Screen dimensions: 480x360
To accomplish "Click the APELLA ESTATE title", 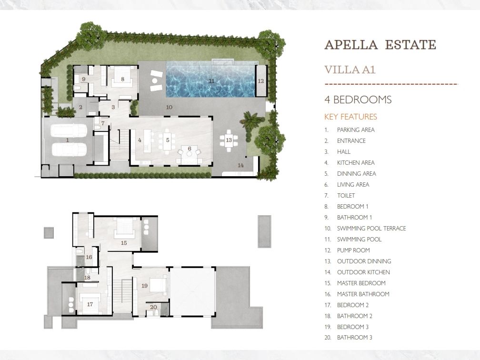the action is (380, 45).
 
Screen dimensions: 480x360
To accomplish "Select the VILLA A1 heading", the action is (350, 70).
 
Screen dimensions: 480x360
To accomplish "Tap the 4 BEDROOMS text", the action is (358, 100).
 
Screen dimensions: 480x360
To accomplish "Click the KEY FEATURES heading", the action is (350, 117).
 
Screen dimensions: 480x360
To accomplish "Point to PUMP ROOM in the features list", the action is (353, 250).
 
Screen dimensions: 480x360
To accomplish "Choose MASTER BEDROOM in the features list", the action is (361, 283).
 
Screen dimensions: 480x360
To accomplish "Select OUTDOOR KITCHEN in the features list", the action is (363, 272).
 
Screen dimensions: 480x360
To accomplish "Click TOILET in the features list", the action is (346, 195).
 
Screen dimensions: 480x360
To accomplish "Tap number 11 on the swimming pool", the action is (211, 81).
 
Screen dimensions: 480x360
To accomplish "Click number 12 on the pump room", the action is (260, 81).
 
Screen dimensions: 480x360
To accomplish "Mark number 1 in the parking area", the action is (67, 140).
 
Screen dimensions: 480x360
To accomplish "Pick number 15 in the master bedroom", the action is (124, 243).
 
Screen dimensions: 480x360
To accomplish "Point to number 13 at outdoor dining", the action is (229, 140).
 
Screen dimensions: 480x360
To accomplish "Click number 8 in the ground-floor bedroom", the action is (122, 79).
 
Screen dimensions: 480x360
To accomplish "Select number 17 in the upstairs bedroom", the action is (90, 304).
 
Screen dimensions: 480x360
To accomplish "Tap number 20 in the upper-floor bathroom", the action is (153, 307).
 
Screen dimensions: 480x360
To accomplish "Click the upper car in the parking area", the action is (69, 130).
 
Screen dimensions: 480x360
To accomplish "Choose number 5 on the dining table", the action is (168, 140).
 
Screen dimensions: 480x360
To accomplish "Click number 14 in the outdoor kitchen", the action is (240, 165).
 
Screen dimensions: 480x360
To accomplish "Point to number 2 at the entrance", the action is (80, 108).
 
